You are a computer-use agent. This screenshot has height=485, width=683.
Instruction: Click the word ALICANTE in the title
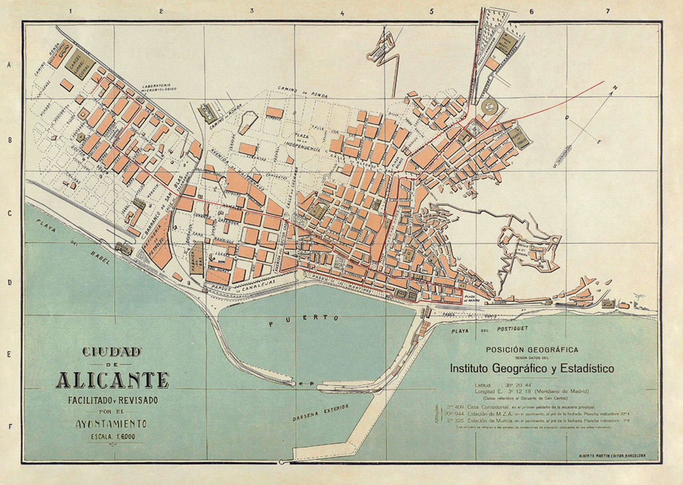[x=113, y=380]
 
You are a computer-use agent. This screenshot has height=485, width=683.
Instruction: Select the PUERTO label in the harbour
[x=304, y=320]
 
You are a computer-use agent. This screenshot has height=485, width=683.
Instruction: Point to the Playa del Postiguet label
[x=489, y=330]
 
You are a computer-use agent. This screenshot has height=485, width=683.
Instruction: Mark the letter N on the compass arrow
[x=615, y=88]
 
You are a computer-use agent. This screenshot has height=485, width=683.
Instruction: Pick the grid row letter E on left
[x=9, y=355]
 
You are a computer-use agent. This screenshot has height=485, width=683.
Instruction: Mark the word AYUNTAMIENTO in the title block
[x=111, y=424]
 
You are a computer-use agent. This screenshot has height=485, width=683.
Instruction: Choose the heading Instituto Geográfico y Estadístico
[x=532, y=368]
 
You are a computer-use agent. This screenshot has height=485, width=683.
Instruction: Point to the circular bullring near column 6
[x=489, y=106]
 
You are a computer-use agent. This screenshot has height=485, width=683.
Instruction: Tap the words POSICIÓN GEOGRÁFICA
[x=532, y=350]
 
